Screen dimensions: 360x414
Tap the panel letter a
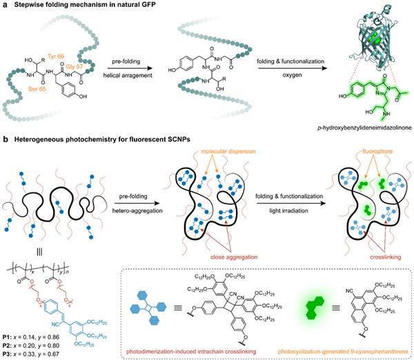click(x=4, y=5)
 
